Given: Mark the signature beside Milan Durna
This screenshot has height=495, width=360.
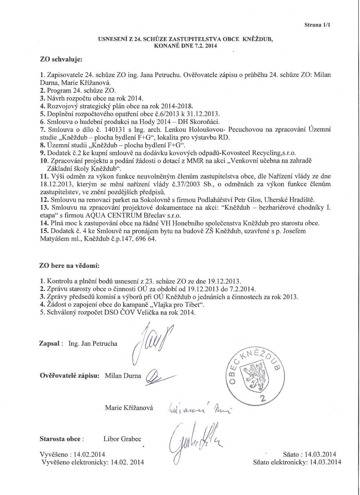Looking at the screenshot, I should [158, 377].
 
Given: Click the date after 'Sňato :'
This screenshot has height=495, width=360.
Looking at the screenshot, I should [320, 454].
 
